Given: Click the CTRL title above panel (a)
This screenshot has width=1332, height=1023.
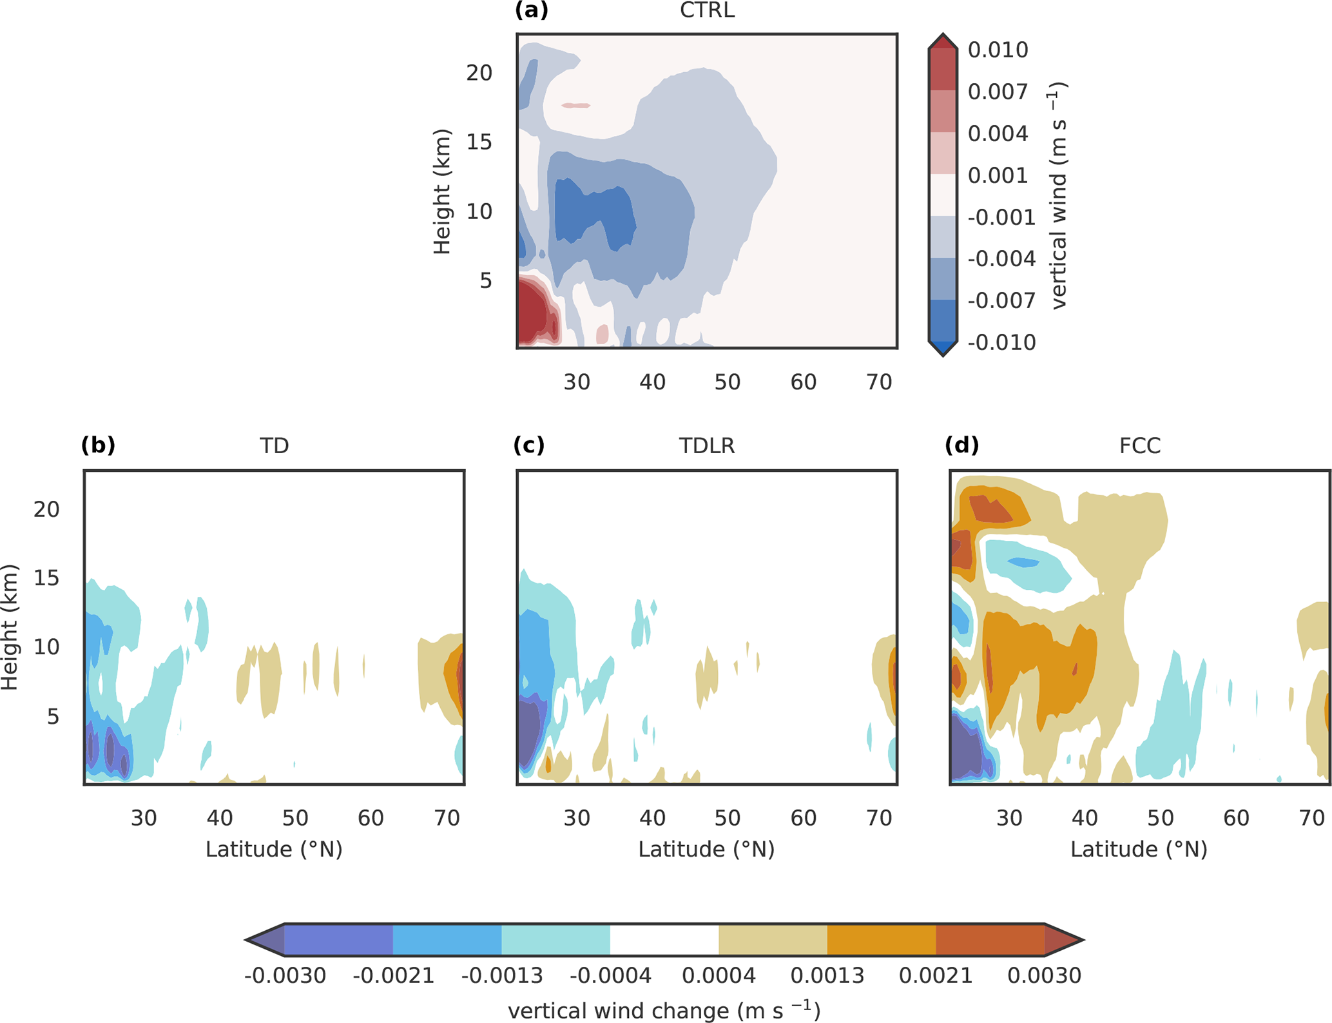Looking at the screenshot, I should point(707,11).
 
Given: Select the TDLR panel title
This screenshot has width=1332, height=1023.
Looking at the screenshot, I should point(706,446).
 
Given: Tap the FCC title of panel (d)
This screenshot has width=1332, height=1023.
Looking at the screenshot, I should point(1139,446).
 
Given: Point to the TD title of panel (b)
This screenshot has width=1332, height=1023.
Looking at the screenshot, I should point(274,446).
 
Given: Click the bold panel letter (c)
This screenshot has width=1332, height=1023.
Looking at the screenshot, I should point(529,445).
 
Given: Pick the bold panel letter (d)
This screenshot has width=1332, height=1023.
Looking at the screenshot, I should point(961,445).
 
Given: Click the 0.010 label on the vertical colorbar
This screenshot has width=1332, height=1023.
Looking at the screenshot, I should point(998,50).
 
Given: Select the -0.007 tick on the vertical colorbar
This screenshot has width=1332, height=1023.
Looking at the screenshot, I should point(1001,301).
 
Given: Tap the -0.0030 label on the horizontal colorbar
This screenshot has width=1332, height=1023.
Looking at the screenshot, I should point(285,975).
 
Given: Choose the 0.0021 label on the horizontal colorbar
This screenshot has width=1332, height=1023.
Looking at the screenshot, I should point(935,975).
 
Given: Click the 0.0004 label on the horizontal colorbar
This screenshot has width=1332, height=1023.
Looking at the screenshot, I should point(719,975).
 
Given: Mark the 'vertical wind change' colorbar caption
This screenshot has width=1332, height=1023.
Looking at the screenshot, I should point(664,1010).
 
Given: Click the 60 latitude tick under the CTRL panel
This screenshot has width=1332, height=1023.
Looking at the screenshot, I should point(803,382).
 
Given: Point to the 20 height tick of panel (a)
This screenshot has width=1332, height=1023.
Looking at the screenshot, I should point(479,73).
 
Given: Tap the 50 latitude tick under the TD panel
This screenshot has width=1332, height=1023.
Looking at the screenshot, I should point(295,818).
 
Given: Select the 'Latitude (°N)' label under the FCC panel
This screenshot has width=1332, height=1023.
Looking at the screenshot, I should point(1139,850).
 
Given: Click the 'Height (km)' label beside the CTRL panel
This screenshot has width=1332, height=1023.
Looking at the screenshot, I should point(442,192).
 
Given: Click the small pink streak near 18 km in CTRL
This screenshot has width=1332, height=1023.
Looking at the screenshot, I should point(575,105).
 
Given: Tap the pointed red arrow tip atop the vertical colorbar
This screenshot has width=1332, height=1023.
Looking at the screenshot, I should point(943,39).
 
